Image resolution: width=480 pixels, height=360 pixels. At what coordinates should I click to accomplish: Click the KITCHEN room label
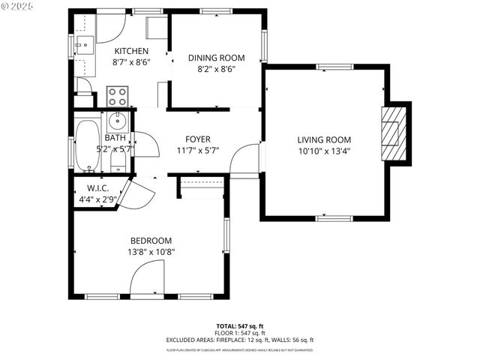tap(131, 51)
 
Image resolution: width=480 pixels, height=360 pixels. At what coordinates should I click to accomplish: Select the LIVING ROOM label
tap(324, 139)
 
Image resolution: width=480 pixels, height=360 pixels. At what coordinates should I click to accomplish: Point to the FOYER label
tap(198, 139)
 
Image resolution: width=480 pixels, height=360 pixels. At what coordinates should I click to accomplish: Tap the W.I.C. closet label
tap(98, 188)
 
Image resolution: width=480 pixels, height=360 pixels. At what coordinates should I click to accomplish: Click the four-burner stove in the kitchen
tap(118, 96)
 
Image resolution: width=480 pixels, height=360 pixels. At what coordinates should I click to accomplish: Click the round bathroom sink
tap(118, 120)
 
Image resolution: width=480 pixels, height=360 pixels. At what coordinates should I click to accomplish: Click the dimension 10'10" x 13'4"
tap(324, 151)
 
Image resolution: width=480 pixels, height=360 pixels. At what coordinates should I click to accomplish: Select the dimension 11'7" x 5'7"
tap(198, 151)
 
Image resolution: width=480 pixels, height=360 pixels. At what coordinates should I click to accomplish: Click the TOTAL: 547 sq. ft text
tap(239, 326)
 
